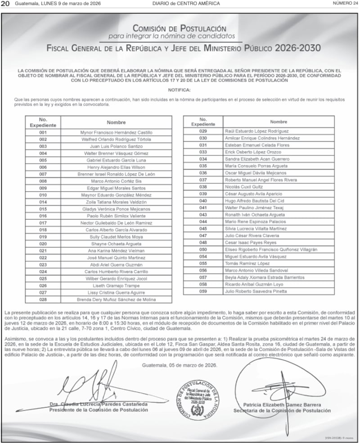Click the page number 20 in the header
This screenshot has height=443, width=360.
coord(6,4)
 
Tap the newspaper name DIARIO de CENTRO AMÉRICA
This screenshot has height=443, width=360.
coord(186,4)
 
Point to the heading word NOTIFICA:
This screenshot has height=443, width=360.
coord(180,90)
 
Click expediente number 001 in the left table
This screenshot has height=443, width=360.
coord(43,133)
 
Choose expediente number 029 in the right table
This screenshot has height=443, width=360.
coord(203,131)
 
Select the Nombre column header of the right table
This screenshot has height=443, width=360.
coord(279,122)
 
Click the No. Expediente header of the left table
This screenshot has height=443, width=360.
coord(43,122)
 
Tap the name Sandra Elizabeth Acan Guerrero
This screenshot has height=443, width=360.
coord(257,159)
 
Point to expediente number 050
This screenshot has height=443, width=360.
coord(203,249)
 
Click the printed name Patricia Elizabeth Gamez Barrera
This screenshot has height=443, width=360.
coord(282,405)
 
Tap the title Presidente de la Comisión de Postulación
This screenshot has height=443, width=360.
coord(99,410)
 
